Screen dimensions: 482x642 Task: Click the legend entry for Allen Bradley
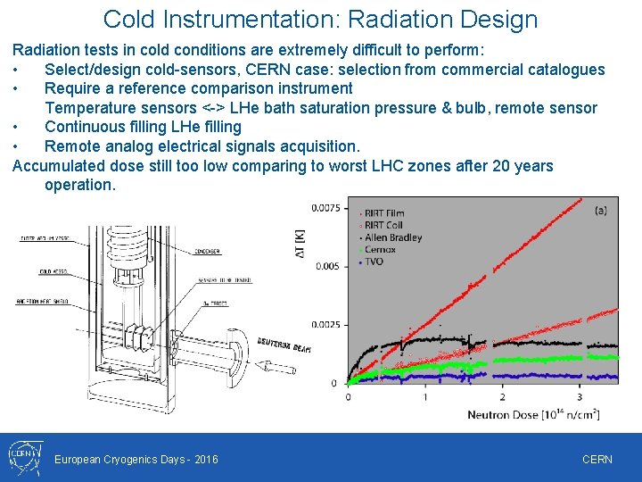[x=392, y=237]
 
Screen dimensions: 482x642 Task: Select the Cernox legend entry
[x=380, y=250]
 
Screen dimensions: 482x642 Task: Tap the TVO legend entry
[x=374, y=262]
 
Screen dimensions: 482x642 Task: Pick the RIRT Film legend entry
[x=384, y=212]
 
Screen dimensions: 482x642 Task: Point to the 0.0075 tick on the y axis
[x=325, y=208]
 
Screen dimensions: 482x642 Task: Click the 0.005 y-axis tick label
[x=327, y=266]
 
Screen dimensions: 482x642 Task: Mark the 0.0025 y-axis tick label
[x=325, y=324]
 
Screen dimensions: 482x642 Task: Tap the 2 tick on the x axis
[x=502, y=397]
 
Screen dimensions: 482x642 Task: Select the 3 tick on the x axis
[x=580, y=397]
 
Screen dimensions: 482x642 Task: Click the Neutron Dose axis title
[x=532, y=415]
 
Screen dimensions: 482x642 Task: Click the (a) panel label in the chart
[x=602, y=210]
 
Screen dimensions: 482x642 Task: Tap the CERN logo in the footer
[x=23, y=457]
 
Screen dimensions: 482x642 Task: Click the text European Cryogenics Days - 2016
[x=136, y=460]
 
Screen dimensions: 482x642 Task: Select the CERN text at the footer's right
[x=597, y=460]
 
